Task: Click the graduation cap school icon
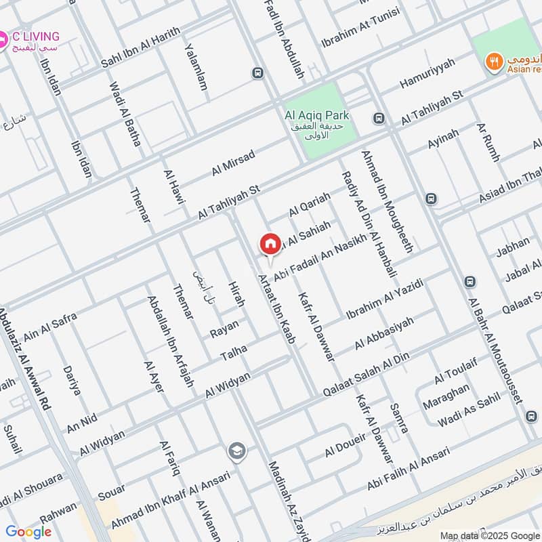(236, 451)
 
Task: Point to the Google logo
(28, 532)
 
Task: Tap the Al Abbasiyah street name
(383, 333)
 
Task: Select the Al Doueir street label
(345, 444)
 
